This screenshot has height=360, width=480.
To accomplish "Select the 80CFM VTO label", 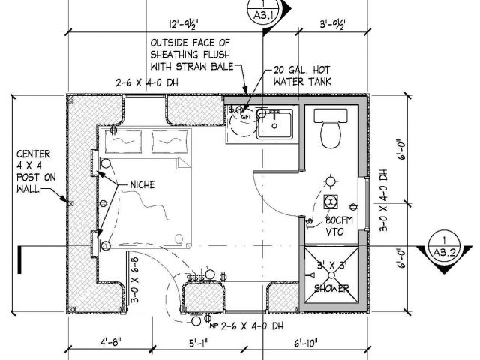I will [339, 226].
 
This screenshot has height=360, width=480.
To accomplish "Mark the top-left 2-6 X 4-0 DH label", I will [149, 82].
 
